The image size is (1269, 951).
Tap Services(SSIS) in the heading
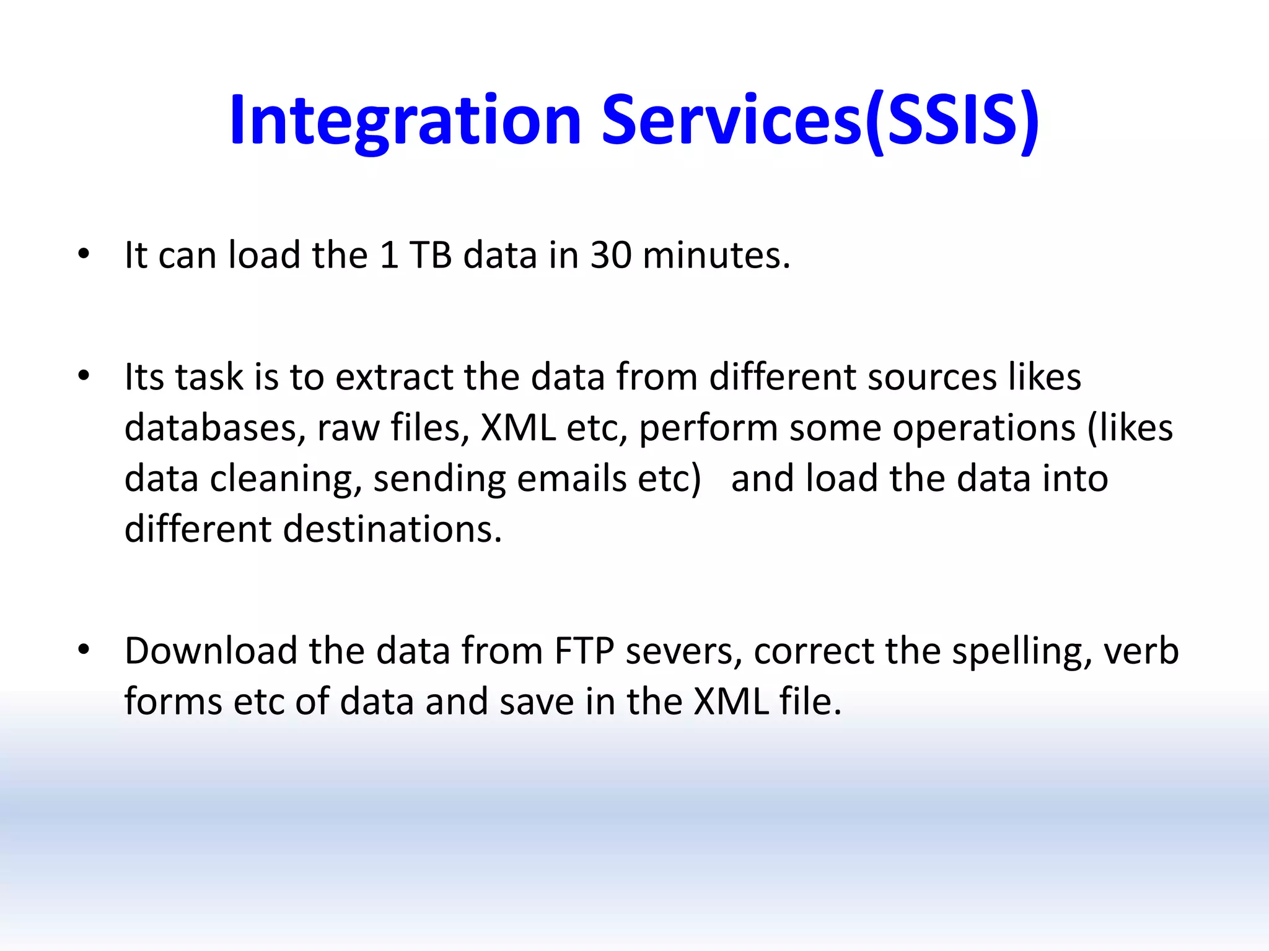(820, 121)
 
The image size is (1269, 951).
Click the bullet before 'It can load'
(84, 253)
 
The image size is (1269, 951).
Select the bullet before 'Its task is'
(84, 375)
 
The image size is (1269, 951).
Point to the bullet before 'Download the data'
(84, 649)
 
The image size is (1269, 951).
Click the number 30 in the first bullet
(611, 254)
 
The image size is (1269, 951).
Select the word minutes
(716, 254)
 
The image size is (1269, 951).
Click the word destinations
(392, 529)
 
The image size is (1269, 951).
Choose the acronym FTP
(584, 651)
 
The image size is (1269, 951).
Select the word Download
(211, 651)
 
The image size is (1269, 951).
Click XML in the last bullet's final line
(731, 701)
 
